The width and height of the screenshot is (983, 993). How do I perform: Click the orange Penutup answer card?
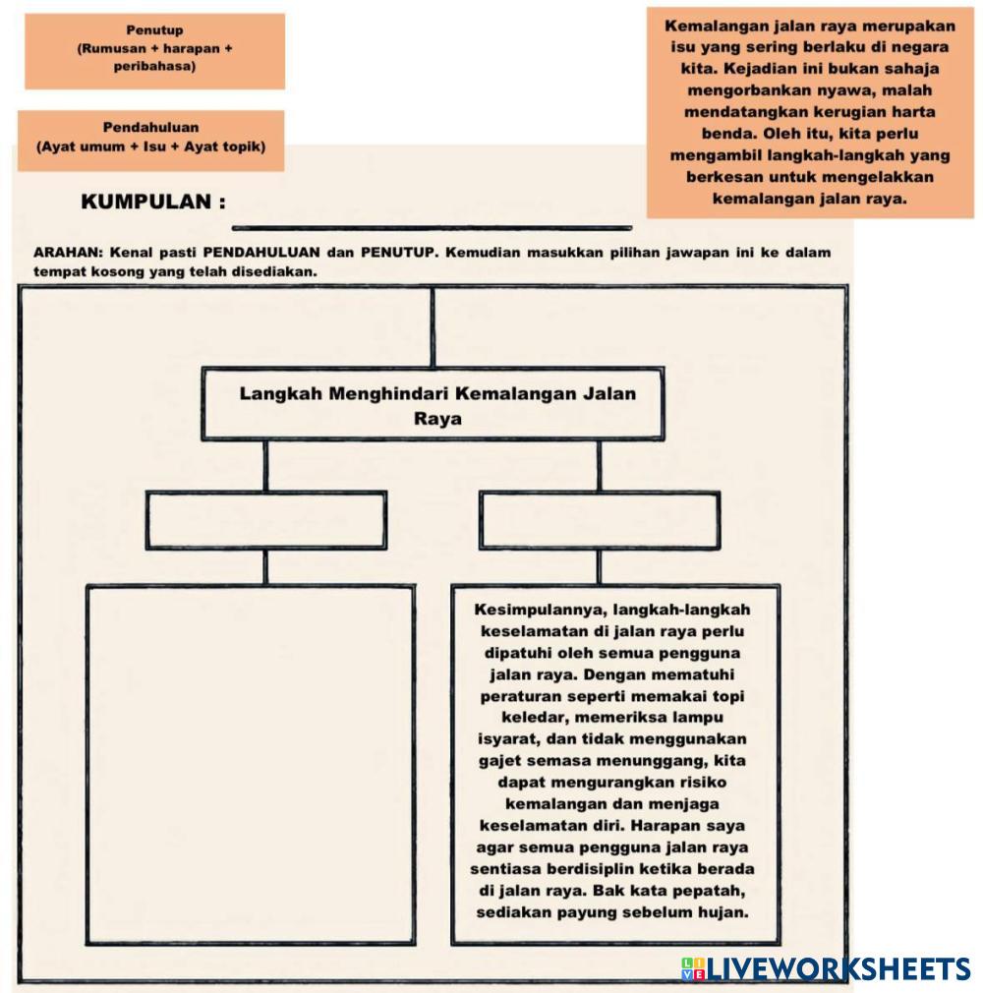click(x=154, y=51)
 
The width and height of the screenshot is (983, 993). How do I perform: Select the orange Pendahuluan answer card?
click(x=150, y=141)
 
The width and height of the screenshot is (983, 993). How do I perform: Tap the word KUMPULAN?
click(x=146, y=202)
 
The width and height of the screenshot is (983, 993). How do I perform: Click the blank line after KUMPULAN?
click(x=432, y=227)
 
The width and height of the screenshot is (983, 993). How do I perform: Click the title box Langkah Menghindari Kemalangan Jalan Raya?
click(x=434, y=404)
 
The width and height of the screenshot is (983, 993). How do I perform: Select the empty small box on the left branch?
click(x=266, y=520)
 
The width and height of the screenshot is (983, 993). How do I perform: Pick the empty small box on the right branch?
click(x=600, y=520)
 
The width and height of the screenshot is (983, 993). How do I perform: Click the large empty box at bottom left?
click(x=251, y=765)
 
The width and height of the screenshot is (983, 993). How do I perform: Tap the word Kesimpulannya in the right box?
click(x=541, y=610)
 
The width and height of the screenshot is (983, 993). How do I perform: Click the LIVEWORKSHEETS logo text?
click(x=838, y=969)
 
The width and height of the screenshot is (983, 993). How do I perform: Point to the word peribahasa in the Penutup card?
click(x=154, y=66)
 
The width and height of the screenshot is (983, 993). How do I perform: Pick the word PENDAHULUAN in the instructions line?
click(x=261, y=252)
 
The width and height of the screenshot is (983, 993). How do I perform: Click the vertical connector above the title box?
click(x=433, y=327)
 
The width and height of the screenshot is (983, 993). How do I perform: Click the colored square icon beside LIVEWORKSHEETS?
click(x=694, y=969)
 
